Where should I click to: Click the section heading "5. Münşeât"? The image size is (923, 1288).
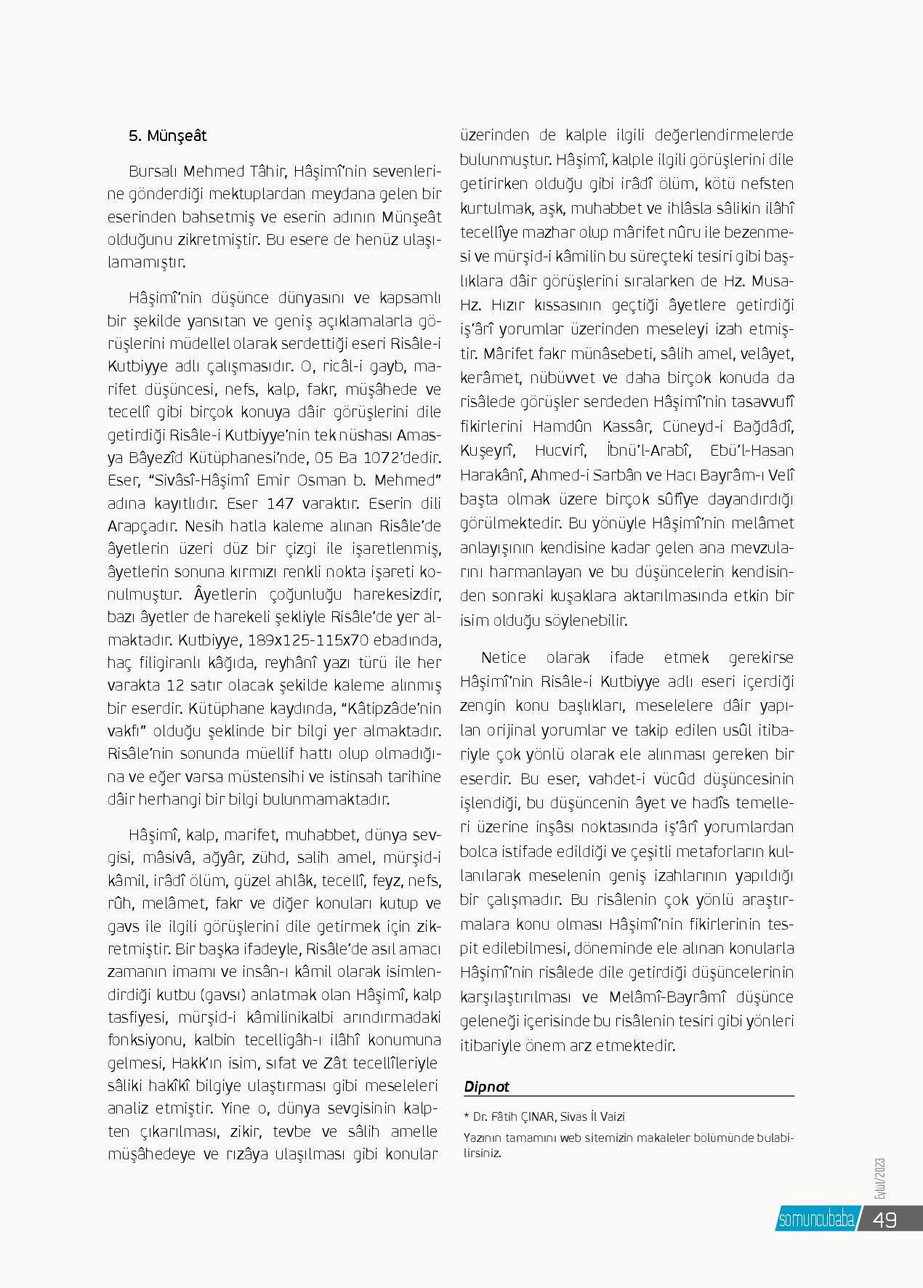coord(167,136)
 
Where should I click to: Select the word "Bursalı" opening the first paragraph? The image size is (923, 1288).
coord(153,172)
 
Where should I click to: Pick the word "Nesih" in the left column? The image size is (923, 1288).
coord(205,526)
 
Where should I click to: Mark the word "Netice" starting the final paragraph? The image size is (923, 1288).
coord(503,658)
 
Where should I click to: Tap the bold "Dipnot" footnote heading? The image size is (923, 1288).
coord(487,1087)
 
